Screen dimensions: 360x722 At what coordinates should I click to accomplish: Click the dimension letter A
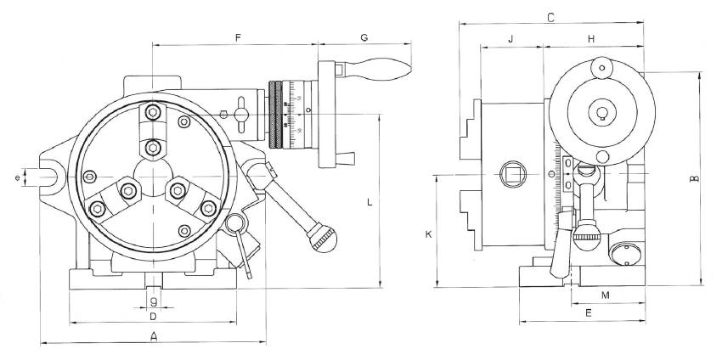154,337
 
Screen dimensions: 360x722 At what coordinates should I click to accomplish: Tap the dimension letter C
550,17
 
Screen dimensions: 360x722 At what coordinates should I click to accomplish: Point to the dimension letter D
153,317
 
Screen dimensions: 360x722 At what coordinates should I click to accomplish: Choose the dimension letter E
588,314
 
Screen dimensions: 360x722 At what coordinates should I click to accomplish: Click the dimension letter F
239,37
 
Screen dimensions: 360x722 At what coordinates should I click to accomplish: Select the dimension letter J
510,39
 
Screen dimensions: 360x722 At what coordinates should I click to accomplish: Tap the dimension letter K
428,233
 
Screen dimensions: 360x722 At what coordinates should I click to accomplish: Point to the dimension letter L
369,202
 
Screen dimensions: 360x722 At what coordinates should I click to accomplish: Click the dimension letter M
605,295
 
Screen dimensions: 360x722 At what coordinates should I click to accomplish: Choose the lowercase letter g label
153,301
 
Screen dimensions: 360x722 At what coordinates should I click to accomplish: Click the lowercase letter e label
18,177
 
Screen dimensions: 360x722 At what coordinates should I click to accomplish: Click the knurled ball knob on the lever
323,238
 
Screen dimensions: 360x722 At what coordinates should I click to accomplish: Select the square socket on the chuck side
512,174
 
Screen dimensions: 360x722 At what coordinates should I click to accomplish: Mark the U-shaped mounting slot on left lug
49,177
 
